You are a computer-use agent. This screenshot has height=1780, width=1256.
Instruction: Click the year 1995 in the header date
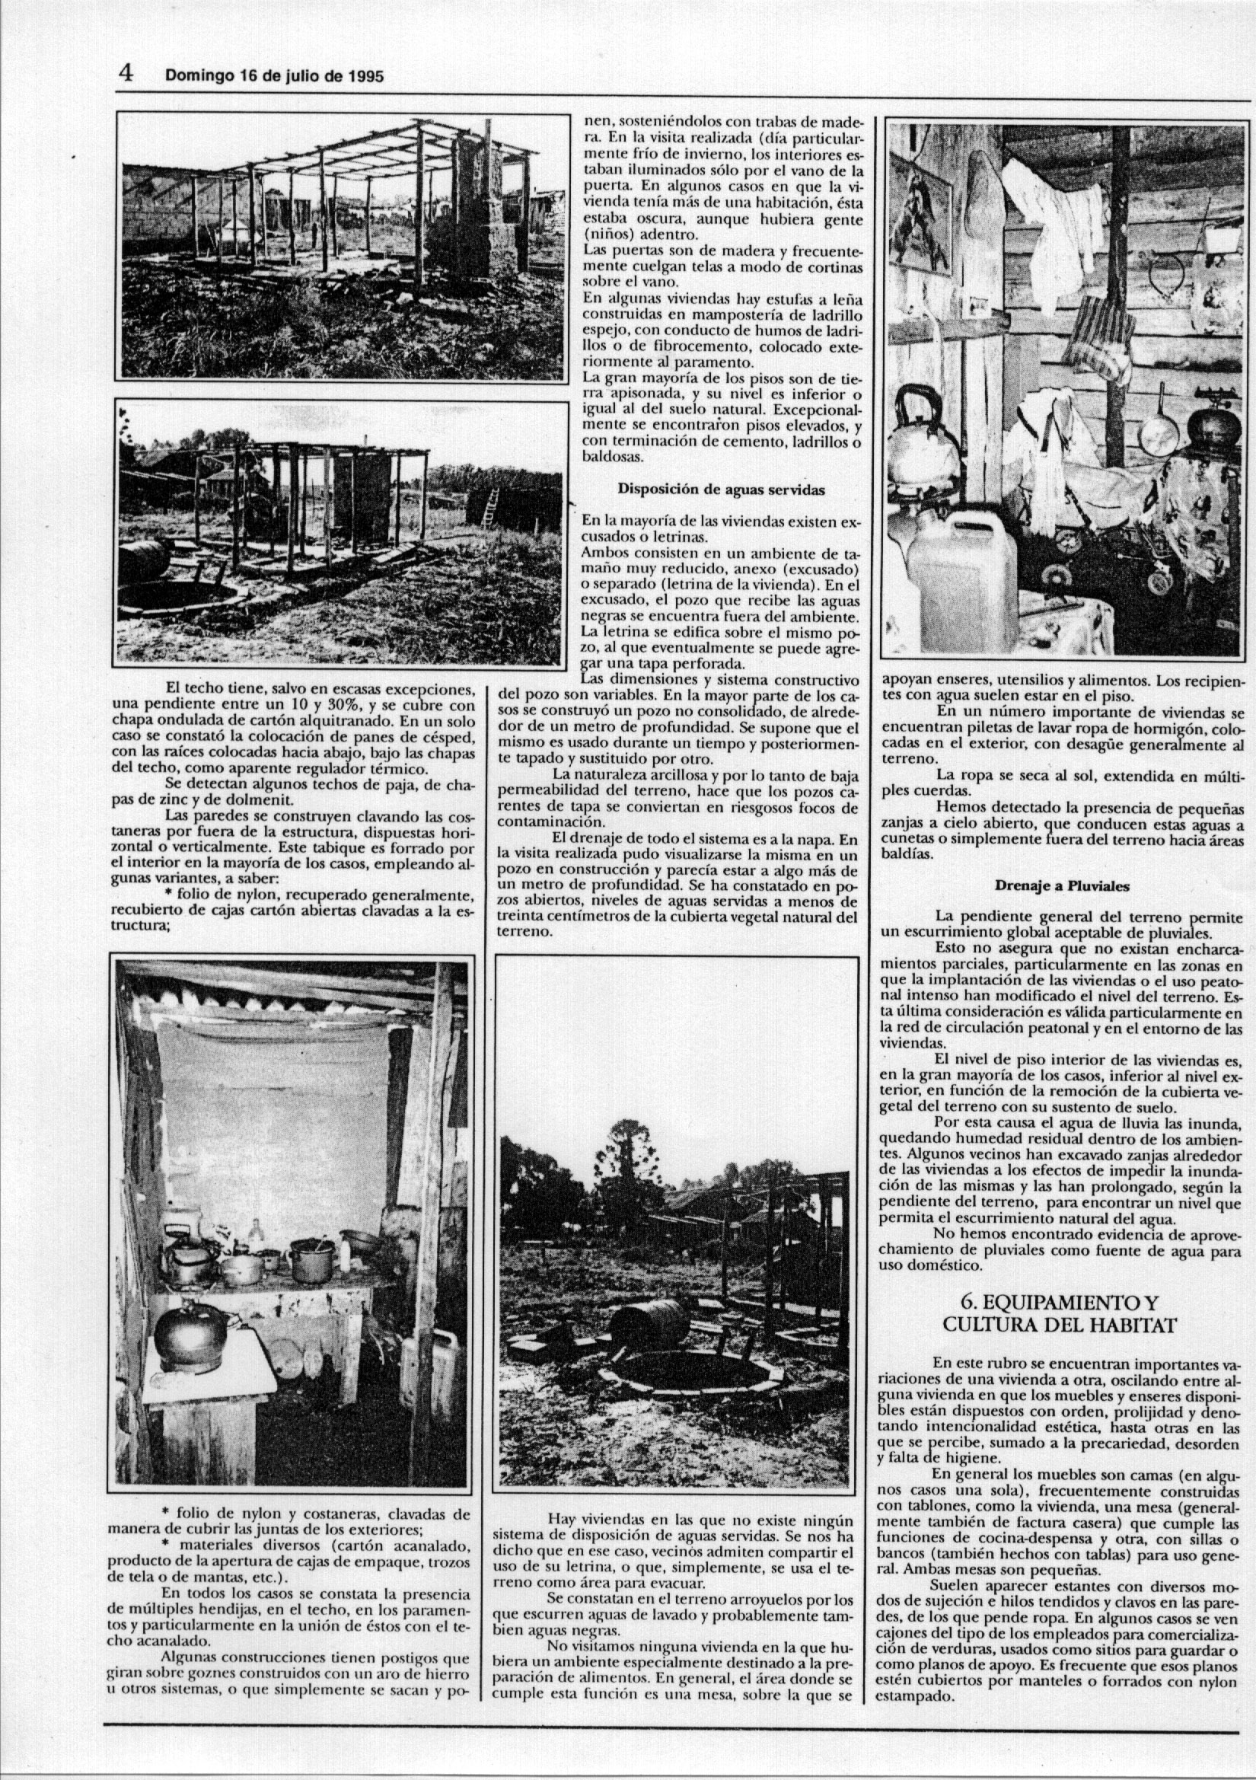365,78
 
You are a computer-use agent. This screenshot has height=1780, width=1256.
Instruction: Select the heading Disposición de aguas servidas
721,490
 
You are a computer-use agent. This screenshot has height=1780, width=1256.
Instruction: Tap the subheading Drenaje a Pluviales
1062,885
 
